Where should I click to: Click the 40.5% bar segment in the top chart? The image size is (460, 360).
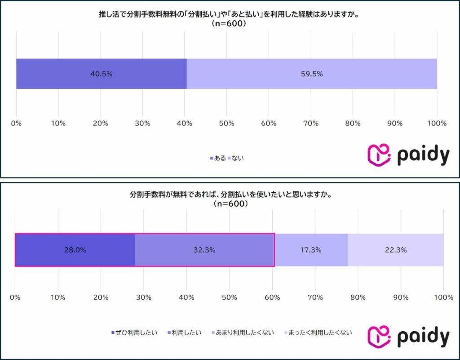101,74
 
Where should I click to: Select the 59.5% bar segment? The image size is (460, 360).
312,74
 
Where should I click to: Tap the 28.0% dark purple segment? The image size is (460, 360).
75,250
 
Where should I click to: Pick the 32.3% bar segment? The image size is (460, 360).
204,250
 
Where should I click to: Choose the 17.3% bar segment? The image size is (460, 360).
311,250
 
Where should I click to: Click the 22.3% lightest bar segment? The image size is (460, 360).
396,250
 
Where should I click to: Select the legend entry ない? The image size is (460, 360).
236,158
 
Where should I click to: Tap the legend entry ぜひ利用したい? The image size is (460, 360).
134,333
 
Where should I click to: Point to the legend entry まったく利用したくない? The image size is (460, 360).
318,333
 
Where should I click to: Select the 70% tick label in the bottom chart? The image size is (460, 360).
315,298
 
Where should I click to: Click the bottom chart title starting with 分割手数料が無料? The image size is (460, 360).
230,196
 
